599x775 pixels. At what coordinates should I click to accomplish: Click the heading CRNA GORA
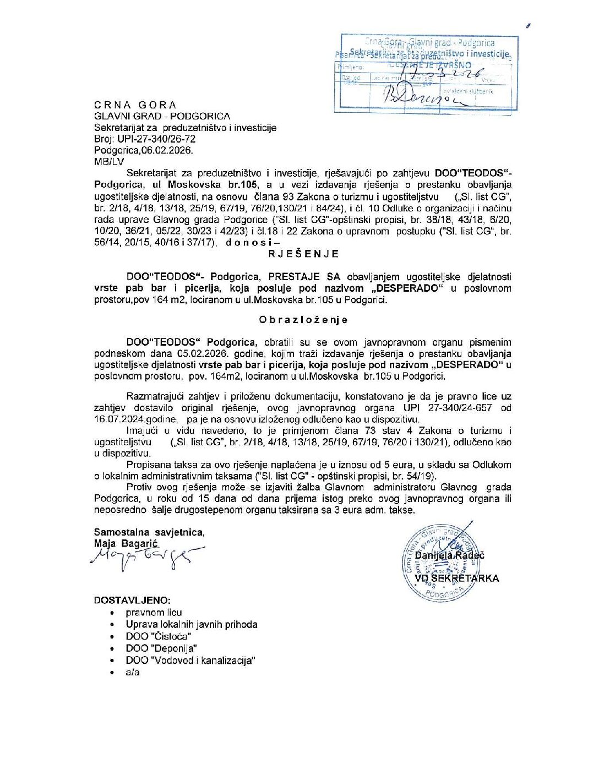[x=135, y=105]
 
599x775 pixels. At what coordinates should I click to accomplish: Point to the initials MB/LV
[x=109, y=162]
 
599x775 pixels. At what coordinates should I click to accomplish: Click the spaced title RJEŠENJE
[x=303, y=254]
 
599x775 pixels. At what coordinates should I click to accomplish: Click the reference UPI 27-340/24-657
[x=448, y=408]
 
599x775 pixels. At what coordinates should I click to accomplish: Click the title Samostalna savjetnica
[x=149, y=532]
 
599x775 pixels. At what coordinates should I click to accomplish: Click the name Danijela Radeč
[x=449, y=555]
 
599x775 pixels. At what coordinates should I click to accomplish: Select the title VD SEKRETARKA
[x=457, y=578]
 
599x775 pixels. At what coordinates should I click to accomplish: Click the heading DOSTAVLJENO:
[x=132, y=601]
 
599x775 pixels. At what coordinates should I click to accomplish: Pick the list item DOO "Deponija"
[x=161, y=648]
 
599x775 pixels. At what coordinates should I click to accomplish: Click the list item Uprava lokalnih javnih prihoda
[x=191, y=624]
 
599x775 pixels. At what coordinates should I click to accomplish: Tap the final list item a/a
[x=133, y=672]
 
